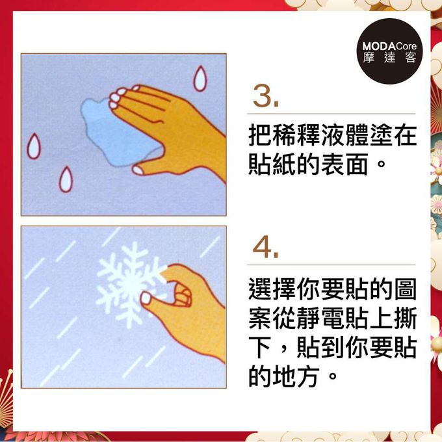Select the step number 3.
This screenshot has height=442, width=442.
point(266,98)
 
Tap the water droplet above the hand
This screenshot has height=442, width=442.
point(199,79)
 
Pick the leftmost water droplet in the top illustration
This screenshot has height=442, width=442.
point(32,146)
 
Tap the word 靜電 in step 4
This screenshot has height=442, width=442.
point(333,318)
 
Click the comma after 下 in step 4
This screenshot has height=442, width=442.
point(281,351)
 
